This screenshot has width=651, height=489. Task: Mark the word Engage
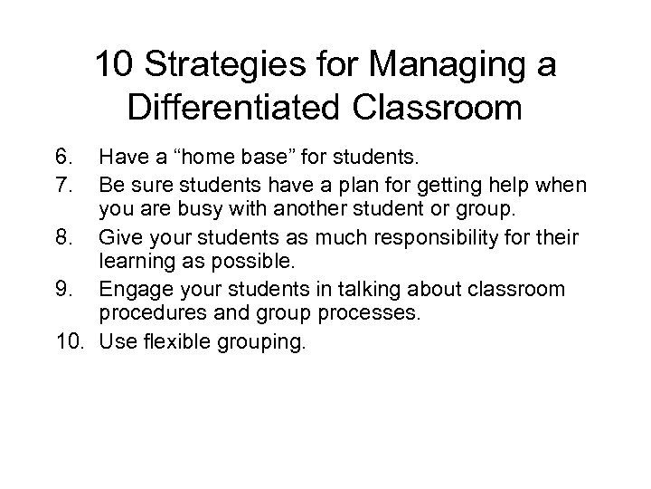coord(136,290)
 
